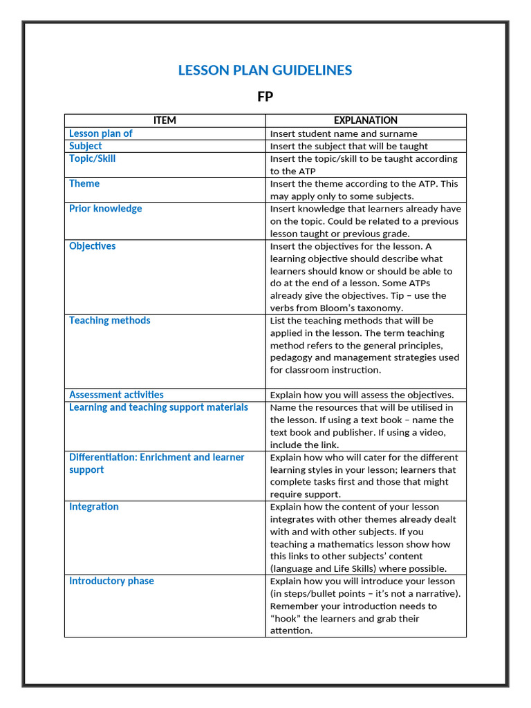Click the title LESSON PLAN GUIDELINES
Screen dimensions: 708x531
pyautogui.click(x=265, y=70)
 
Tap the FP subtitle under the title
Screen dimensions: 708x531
pyautogui.click(x=265, y=97)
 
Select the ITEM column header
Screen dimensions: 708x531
pyautogui.click(x=165, y=120)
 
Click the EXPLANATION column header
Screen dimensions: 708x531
pyautogui.click(x=366, y=120)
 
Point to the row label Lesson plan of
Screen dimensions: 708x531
pyautogui.click(x=100, y=133)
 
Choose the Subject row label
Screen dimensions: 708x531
pyautogui.click(x=85, y=146)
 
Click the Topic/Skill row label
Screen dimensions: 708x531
pyautogui.click(x=92, y=158)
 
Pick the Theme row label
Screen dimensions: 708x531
pyautogui.click(x=84, y=183)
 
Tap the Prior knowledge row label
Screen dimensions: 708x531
pyautogui.click(x=105, y=208)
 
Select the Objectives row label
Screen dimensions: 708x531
pyautogui.click(x=92, y=246)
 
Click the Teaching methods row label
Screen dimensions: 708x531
pyautogui.click(x=109, y=320)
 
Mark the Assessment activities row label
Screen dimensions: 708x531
pyautogui.click(x=116, y=395)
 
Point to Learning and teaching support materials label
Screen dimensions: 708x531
pyautogui.click(x=158, y=407)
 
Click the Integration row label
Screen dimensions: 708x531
pyautogui.click(x=93, y=507)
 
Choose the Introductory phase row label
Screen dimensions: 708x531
pyautogui.click(x=111, y=581)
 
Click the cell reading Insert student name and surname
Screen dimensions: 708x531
pyautogui.click(x=344, y=133)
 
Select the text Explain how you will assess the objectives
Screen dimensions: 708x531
pyautogui.click(x=362, y=395)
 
